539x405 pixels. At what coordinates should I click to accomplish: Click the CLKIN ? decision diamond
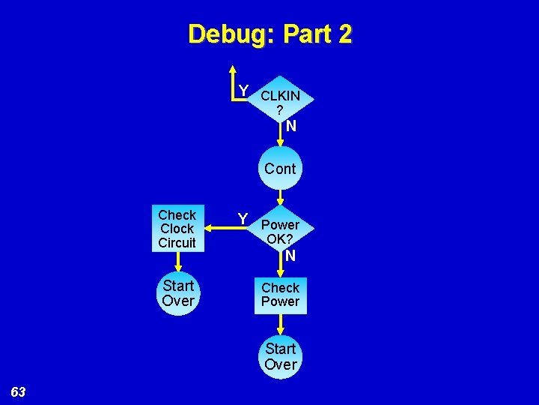280,103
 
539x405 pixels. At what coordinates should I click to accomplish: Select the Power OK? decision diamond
280,232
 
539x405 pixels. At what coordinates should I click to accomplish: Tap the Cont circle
280,169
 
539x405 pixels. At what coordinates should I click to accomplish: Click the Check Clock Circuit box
177,228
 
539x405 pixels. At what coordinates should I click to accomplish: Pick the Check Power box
280,295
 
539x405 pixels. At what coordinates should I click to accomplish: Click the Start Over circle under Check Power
280,356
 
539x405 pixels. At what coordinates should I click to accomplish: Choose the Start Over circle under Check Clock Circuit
177,293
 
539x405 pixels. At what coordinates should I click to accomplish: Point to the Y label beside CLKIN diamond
243,91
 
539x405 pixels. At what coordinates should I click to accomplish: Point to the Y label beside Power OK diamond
243,218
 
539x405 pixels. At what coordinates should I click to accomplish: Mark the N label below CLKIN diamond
290,126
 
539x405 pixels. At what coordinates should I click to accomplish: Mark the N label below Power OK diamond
290,256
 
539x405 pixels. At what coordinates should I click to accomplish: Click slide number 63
19,391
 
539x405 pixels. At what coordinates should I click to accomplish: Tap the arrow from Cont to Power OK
280,196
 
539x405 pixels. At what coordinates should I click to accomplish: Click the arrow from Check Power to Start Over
280,324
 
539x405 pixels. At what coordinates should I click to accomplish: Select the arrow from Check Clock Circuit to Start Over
177,260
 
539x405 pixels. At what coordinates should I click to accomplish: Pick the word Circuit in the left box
177,242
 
